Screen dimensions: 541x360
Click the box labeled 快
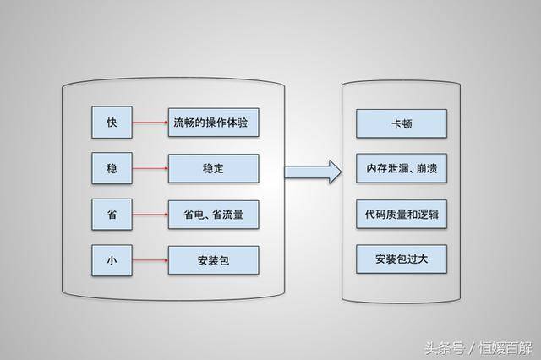(112, 123)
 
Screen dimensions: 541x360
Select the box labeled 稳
(112, 168)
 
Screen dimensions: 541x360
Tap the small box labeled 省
(112, 214)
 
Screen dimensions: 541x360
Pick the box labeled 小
(112, 260)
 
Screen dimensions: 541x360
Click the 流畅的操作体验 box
(213, 123)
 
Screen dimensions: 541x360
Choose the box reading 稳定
(213, 168)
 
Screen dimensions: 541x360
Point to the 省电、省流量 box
(213, 215)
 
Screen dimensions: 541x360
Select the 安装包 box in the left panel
(213, 260)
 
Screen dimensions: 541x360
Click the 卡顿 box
(402, 123)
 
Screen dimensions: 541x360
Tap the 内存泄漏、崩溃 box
(402, 168)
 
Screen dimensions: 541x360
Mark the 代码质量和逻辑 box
(402, 214)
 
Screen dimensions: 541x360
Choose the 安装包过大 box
(402, 259)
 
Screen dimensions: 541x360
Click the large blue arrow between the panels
(313, 172)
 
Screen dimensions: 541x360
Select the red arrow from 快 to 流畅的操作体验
(150, 123)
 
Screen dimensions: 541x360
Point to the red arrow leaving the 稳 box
(150, 168)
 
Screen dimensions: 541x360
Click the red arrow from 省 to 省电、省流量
(150, 214)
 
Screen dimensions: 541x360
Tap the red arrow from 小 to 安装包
(150, 260)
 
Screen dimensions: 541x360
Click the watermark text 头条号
(445, 348)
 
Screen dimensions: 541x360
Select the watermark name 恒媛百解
(505, 348)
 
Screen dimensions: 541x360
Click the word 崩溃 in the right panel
(427, 168)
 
